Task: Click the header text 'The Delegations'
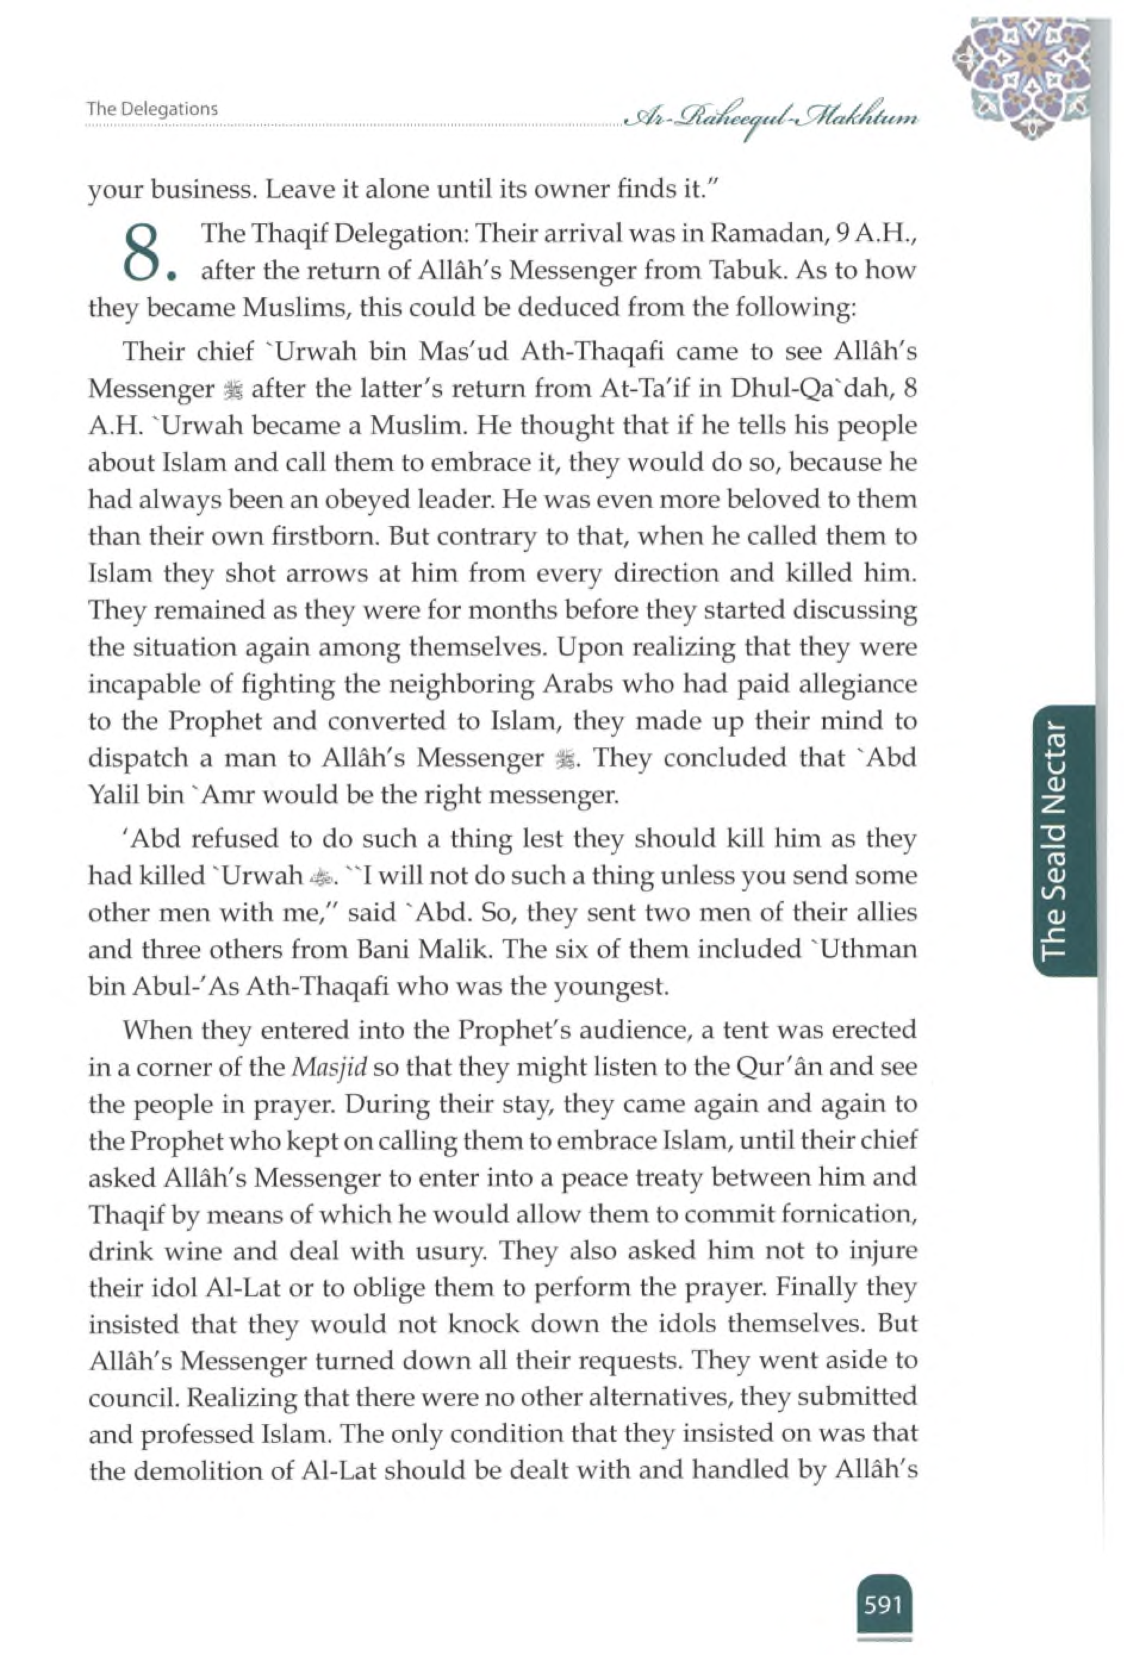pos(152,109)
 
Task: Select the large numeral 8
pos(141,253)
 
